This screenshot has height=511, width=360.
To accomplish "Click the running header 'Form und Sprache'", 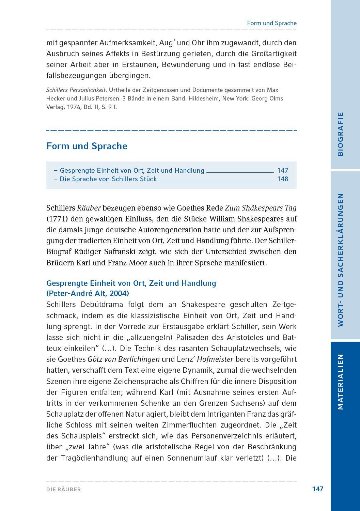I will click(271, 23).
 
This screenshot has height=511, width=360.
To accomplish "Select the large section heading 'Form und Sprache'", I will click(87, 146).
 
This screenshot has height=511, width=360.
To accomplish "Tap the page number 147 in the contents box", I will click(283, 170).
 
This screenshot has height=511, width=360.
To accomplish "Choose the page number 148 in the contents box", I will click(283, 179).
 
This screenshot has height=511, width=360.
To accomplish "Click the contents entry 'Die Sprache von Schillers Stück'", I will click(108, 179).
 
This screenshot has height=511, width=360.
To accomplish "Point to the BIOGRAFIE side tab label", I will click(340, 134).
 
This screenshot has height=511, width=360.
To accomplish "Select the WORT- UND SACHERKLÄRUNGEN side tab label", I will click(340, 260).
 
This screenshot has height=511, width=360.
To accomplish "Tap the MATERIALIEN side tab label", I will click(340, 382).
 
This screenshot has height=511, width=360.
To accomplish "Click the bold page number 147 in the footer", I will click(317, 489).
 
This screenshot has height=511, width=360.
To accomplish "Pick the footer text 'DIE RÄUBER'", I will click(64, 490).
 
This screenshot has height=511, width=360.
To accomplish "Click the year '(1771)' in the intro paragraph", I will click(57, 219).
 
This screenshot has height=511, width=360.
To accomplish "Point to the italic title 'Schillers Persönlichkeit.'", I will click(77, 90).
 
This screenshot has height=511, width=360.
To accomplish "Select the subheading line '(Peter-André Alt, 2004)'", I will click(88, 293).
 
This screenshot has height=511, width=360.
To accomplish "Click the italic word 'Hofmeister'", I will click(215, 359).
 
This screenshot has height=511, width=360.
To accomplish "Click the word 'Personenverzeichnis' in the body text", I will click(225, 436).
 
